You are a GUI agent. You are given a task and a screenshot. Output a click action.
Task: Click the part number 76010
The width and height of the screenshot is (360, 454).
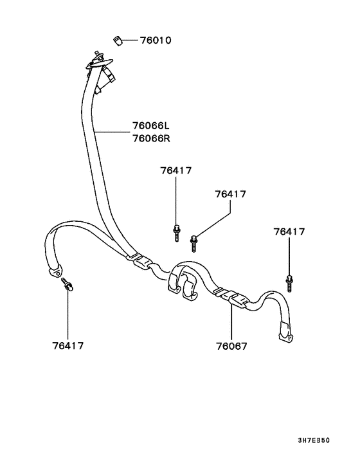tap(156, 41)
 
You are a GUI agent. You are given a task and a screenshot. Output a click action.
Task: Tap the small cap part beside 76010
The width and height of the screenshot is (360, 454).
tap(118, 41)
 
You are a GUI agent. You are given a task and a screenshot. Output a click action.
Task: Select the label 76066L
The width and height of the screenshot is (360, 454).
tap(151, 125)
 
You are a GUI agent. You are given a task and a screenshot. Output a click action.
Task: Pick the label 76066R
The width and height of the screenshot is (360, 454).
tap(151, 138)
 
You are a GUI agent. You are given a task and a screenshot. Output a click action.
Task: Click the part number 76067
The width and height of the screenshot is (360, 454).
tap(232, 347)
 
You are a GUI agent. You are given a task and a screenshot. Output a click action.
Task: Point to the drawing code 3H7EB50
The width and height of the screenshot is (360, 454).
tap(314, 440)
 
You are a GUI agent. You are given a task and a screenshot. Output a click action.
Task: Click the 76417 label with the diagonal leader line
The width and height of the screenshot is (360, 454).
tap(230, 194)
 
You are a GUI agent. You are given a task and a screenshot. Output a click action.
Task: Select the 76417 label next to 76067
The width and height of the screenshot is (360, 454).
tap(68, 346)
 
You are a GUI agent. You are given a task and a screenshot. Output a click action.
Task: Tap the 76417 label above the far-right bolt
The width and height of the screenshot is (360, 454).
tap(289, 232)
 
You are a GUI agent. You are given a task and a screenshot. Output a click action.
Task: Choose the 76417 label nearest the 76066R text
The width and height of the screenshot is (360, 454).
tap(176, 170)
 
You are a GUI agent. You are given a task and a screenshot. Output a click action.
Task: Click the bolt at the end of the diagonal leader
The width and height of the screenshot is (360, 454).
tap(194, 243)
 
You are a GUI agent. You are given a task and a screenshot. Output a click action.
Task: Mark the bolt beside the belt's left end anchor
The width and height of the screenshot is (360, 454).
tap(67, 285)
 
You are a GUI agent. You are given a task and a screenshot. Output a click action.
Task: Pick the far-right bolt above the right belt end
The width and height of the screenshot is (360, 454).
tap(289, 284)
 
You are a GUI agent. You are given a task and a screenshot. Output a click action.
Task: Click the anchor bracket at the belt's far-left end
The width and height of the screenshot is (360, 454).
tap(55, 272)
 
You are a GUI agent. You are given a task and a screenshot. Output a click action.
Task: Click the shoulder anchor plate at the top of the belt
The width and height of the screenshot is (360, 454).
tap(99, 62)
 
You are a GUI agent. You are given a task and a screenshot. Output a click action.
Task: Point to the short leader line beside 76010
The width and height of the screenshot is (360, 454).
tap(130, 41)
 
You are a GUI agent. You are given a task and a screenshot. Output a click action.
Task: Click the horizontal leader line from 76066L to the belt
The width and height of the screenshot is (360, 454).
tap(112, 132)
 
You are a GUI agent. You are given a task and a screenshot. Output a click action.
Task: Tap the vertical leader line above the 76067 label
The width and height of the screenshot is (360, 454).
tap(231, 322)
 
